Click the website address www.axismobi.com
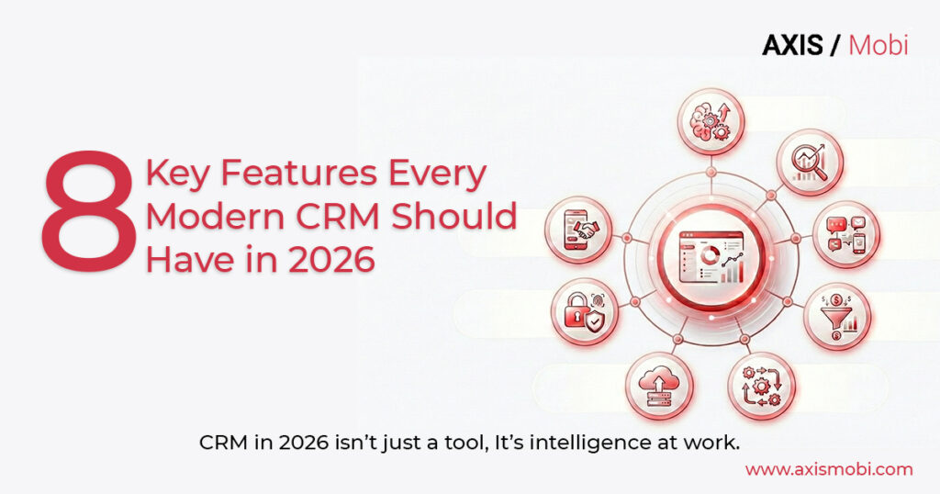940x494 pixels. (x=829, y=469)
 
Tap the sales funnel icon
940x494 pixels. (x=836, y=315)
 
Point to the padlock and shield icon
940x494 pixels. (x=585, y=311)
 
